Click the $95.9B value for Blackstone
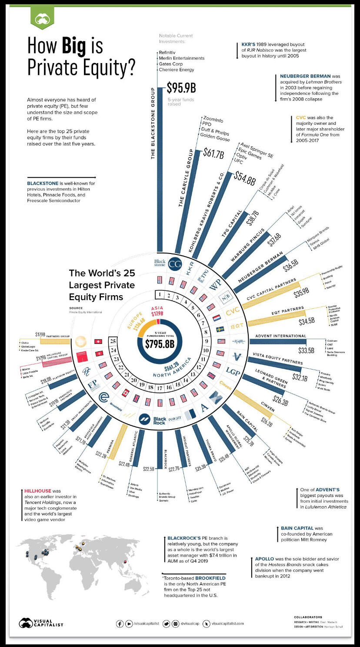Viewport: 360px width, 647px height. click(181, 88)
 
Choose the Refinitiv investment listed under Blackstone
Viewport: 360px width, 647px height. click(167, 52)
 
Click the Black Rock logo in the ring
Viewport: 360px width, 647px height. click(153, 420)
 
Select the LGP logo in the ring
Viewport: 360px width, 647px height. click(233, 371)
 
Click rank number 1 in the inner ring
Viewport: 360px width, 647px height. click(160, 295)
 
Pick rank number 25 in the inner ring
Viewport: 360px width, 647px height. click(113, 341)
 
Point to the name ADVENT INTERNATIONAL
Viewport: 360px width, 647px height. click(280, 336)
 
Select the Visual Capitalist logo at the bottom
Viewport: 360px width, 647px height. click(41, 623)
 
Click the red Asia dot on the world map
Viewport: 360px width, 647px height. click(125, 562)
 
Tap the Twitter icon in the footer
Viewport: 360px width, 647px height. click(166, 624)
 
